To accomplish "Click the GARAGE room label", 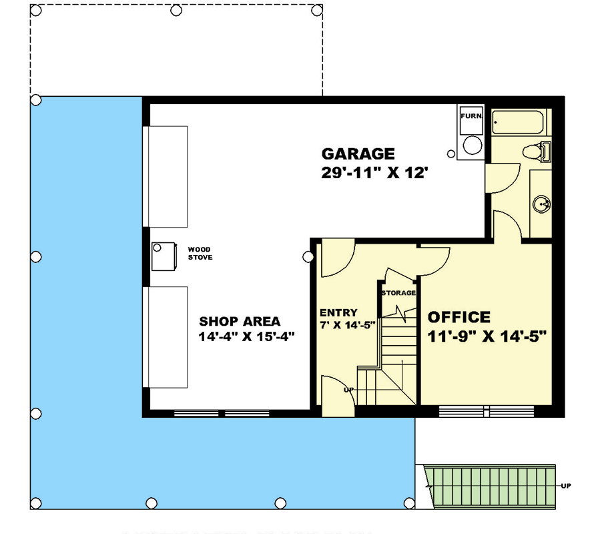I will (x=358, y=154).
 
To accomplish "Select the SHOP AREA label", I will (x=240, y=320).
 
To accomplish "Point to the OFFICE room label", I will (x=459, y=318).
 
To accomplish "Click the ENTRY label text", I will (x=338, y=312).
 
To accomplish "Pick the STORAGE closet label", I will (x=398, y=293).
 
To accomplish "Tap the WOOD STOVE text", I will (x=200, y=254).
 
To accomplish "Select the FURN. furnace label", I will (x=471, y=116).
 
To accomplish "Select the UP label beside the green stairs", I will (x=566, y=485).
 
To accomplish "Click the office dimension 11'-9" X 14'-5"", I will (x=487, y=336).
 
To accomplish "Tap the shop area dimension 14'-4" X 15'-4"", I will (x=246, y=337).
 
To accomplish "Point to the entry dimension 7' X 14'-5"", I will (x=348, y=325).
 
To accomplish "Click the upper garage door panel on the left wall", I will (x=167, y=176).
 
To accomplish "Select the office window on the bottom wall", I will (x=489, y=411).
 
